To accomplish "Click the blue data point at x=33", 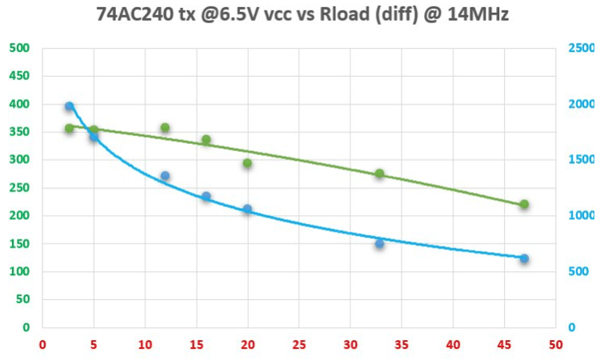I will [380, 243].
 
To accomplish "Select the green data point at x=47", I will [524, 204].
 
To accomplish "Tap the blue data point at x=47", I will [524, 258].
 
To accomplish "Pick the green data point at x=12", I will [165, 128].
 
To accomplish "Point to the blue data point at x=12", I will [165, 176].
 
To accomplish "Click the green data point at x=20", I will [247, 163].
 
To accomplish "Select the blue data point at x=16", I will [206, 197].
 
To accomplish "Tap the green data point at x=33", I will [380, 174].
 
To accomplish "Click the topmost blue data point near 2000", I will [70, 106].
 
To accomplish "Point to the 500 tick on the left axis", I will [19, 48].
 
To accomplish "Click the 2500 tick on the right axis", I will [582, 48].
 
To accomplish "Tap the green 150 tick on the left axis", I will [19, 244].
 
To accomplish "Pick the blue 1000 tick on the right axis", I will [582, 216].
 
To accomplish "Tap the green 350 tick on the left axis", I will [19, 132].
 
